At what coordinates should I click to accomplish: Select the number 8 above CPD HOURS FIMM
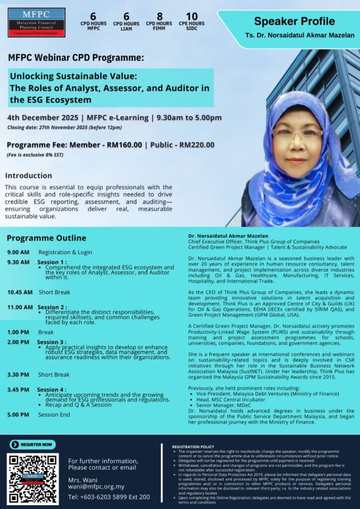pos(159,16)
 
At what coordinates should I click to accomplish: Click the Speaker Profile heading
pos(294,21)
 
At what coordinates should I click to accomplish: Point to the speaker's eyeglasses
pos(297,133)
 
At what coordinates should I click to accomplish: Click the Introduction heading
pos(28,175)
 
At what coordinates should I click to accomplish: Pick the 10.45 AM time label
pos(19,292)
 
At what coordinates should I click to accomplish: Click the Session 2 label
pos(52,307)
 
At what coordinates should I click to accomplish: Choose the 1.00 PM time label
pos(18,332)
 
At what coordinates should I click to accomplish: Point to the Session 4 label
pos(52,390)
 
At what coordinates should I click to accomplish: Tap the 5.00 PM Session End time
pos(18,415)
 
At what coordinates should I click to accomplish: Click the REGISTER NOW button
pos(32,445)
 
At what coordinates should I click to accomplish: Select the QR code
pos(33,478)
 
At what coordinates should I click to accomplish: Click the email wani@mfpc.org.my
pos(96,487)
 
